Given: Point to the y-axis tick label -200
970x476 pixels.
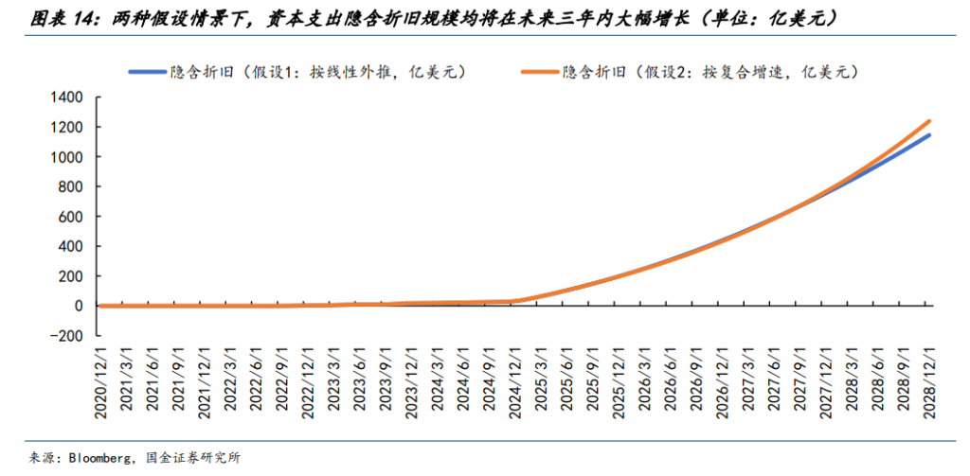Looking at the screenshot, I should pyautogui.click(x=66, y=336).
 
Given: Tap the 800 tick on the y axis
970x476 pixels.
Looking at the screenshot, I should pyautogui.click(x=74, y=186).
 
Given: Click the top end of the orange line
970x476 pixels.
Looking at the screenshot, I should pyautogui.click(x=929, y=121).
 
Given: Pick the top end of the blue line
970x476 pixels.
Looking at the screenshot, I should pyautogui.click(x=929, y=135).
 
